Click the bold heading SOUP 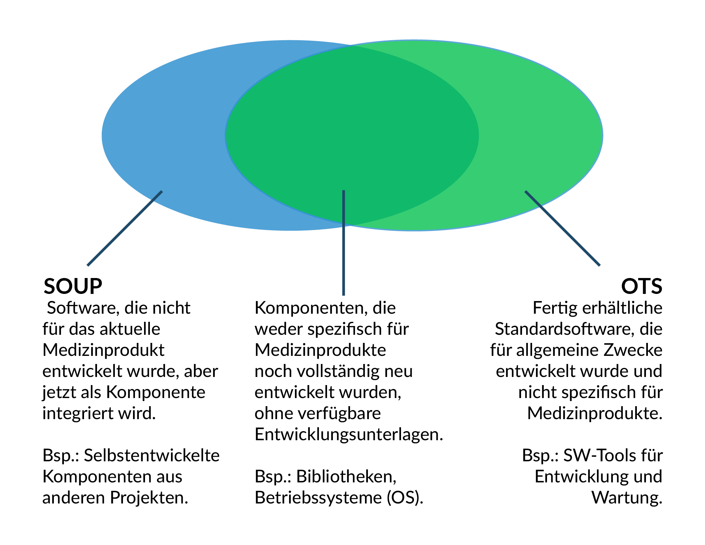click(x=73, y=286)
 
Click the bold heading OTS click(x=642, y=286)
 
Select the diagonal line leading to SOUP click(x=125, y=228)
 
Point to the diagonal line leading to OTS click(x=563, y=228)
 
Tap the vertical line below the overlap click(x=344, y=243)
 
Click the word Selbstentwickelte click(x=152, y=455)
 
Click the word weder click(x=279, y=329)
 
